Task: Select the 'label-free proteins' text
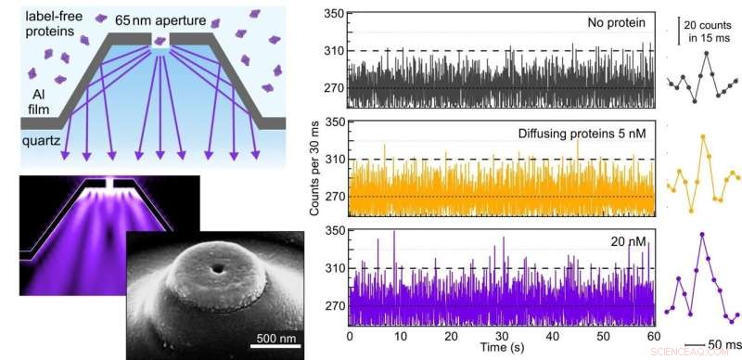[x=34, y=25]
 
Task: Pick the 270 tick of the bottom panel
[x=331, y=305]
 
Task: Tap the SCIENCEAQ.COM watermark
[x=706, y=353]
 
